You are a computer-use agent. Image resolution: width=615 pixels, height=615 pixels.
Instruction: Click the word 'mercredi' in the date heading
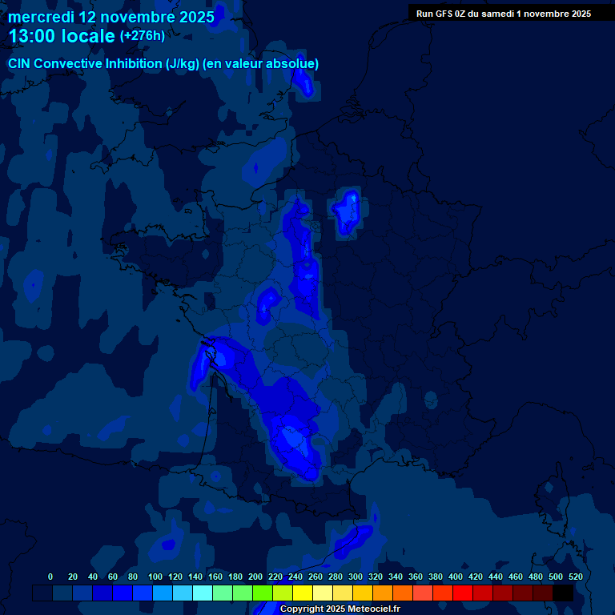click(x=41, y=17)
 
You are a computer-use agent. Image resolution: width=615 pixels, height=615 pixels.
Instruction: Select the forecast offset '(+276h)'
click(x=142, y=36)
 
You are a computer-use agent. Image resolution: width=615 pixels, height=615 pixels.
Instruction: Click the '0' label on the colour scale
click(x=50, y=577)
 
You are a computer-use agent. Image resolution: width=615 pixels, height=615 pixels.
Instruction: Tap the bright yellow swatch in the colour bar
click(x=303, y=593)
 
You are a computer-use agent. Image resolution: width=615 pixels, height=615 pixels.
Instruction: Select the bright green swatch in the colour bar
click(x=263, y=593)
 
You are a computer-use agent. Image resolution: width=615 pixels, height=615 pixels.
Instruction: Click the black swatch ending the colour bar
click(x=563, y=593)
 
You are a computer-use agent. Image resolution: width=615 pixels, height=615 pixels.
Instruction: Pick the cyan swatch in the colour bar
click(x=203, y=593)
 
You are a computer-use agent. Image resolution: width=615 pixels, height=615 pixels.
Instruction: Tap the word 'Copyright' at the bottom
click(x=303, y=609)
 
